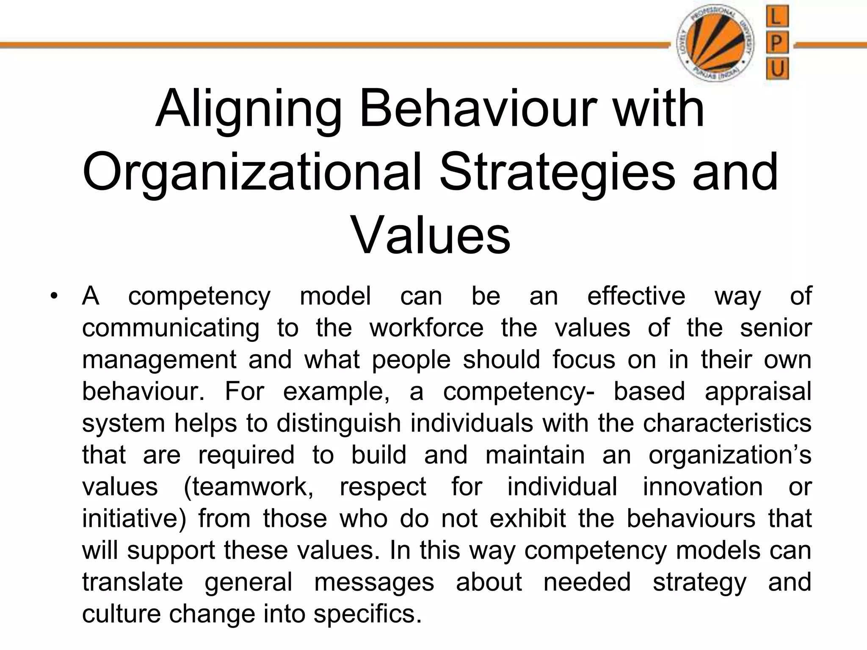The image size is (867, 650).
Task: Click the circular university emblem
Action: [x=715, y=44]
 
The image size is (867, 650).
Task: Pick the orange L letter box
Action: [x=777, y=18]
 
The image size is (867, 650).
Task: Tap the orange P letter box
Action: [x=777, y=43]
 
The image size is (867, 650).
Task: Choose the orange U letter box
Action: [x=777, y=68]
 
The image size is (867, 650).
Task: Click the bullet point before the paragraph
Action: [x=53, y=296]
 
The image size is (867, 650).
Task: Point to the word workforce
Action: [x=426, y=328]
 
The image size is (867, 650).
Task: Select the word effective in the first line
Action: [x=636, y=296]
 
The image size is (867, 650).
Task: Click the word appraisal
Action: [x=758, y=391]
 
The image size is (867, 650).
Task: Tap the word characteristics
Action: [x=727, y=423]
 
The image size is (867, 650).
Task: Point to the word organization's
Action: [x=730, y=455]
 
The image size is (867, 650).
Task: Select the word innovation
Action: [x=703, y=487]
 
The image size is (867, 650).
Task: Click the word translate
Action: [x=132, y=582]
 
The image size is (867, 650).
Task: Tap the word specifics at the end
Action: [x=367, y=614]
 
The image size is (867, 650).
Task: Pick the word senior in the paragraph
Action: [x=776, y=328]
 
